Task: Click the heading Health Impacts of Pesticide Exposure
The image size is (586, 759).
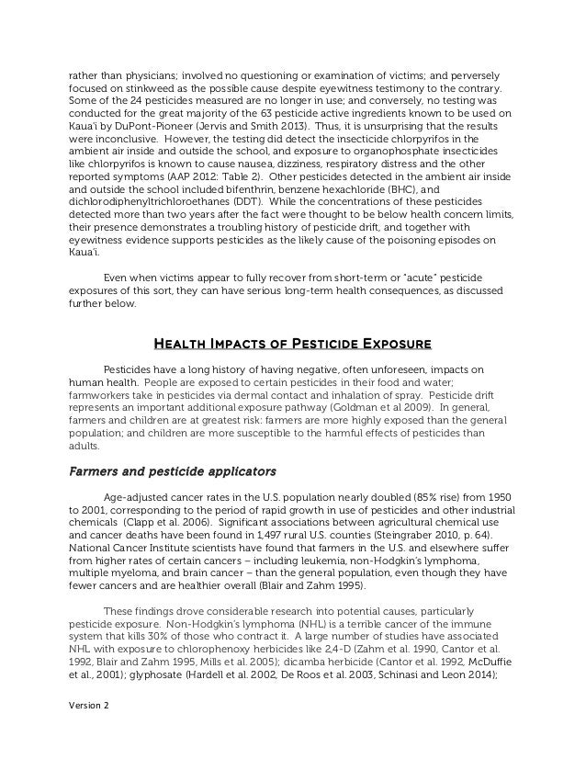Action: pyautogui.click(x=291, y=346)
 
